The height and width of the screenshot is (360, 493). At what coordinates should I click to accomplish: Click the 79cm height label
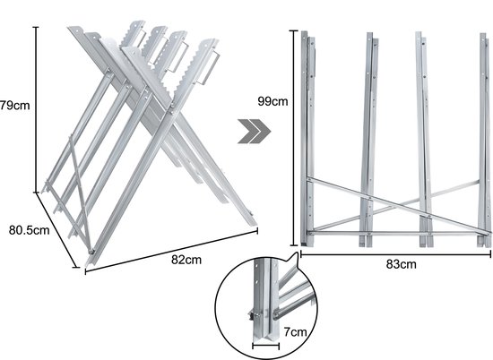14,106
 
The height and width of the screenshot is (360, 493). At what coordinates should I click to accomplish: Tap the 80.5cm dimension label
29,230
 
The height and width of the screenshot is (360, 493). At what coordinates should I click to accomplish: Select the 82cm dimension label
186,260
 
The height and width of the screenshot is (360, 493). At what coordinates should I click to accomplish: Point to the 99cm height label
272,101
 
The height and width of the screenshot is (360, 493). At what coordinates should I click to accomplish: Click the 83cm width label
402,264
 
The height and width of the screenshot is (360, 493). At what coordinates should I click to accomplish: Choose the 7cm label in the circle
295,331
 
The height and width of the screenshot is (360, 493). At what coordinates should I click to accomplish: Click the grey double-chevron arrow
254,132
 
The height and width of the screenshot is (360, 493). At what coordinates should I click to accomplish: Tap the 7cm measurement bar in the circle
265,347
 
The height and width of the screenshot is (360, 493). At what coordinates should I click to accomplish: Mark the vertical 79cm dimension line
36,109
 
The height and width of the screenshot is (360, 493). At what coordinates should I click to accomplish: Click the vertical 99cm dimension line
294,138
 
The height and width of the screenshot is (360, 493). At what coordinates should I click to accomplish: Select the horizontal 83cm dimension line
396,254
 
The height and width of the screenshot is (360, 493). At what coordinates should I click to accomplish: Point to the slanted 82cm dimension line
171,251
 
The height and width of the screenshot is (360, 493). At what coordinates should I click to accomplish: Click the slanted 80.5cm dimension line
57,230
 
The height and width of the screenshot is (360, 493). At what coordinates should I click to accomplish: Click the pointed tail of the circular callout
296,253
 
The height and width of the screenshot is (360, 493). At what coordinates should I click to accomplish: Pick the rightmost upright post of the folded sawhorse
484,140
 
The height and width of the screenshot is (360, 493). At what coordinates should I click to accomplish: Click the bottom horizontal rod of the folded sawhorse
399,233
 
